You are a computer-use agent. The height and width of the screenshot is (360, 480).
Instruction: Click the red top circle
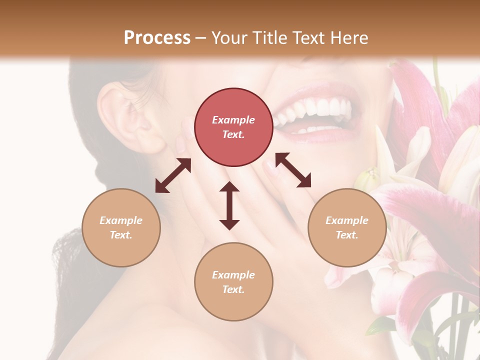point(233,127)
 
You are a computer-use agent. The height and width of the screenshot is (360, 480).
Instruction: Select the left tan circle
point(121,227)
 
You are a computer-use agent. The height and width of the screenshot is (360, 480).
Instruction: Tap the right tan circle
point(347,227)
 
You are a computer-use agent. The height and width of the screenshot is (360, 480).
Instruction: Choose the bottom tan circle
point(233,282)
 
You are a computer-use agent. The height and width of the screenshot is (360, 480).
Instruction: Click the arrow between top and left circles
point(173,175)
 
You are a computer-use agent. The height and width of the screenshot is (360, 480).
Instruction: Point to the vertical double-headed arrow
point(229,206)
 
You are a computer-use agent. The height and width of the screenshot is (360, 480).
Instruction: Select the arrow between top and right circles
point(293,170)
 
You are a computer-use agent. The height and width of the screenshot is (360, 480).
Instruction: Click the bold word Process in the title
point(157,37)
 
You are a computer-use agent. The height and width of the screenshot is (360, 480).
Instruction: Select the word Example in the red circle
point(233,120)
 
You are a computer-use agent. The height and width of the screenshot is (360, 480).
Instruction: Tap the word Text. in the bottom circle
point(233,289)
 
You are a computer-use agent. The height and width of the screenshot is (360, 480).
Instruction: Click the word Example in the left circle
point(121,220)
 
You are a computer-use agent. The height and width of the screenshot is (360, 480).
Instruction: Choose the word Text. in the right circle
point(347,235)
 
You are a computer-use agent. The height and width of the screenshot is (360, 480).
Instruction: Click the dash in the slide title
point(201,38)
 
